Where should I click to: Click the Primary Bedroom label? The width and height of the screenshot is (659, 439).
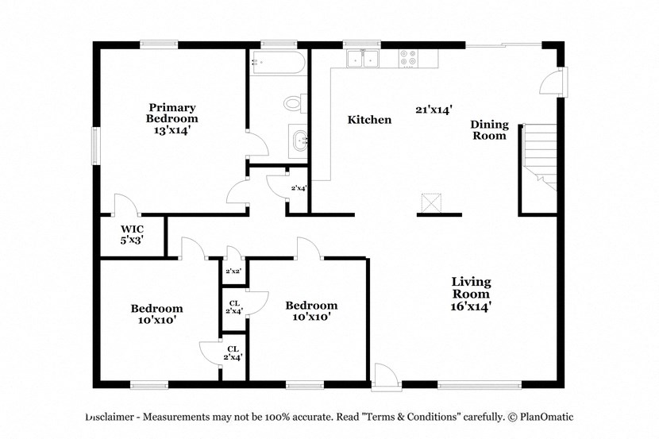click(172, 113)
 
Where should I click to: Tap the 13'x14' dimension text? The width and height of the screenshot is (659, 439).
click(172, 130)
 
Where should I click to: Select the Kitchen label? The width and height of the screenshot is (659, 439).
click(369, 120)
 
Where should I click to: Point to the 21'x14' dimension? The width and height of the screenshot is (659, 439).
click(433, 110)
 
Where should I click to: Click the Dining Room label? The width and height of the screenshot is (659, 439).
click(489, 130)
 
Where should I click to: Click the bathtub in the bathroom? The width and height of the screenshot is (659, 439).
click(277, 64)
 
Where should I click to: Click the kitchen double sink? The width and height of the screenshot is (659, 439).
click(361, 59)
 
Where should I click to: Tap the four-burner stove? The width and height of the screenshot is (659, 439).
click(409, 59)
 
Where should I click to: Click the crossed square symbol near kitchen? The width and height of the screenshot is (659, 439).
click(431, 203)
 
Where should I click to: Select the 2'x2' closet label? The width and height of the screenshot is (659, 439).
click(233, 271)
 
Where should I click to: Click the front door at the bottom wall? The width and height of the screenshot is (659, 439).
click(383, 377)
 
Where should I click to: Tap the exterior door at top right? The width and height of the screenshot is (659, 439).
click(553, 82)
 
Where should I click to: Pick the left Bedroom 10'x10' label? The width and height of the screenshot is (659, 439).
click(156, 314)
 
